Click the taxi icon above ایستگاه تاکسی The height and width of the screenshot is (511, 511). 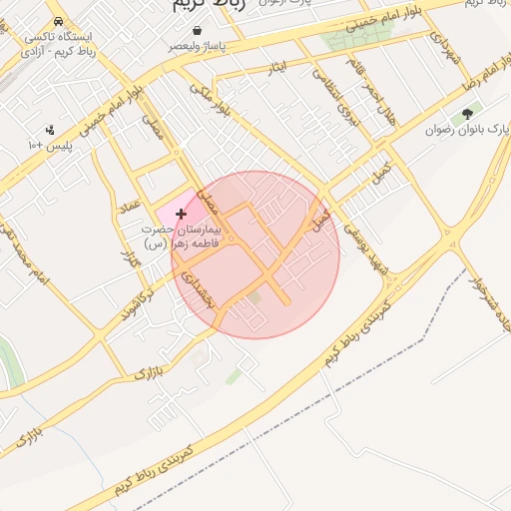coord(61,20)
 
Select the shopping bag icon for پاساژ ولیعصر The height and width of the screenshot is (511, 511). coord(198,31)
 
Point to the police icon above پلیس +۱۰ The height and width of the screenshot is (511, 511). coord(50,130)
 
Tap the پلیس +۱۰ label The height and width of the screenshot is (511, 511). coord(49,145)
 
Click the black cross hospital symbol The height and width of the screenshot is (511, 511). coord(181,214)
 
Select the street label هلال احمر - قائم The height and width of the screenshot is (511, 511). coord(369,89)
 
